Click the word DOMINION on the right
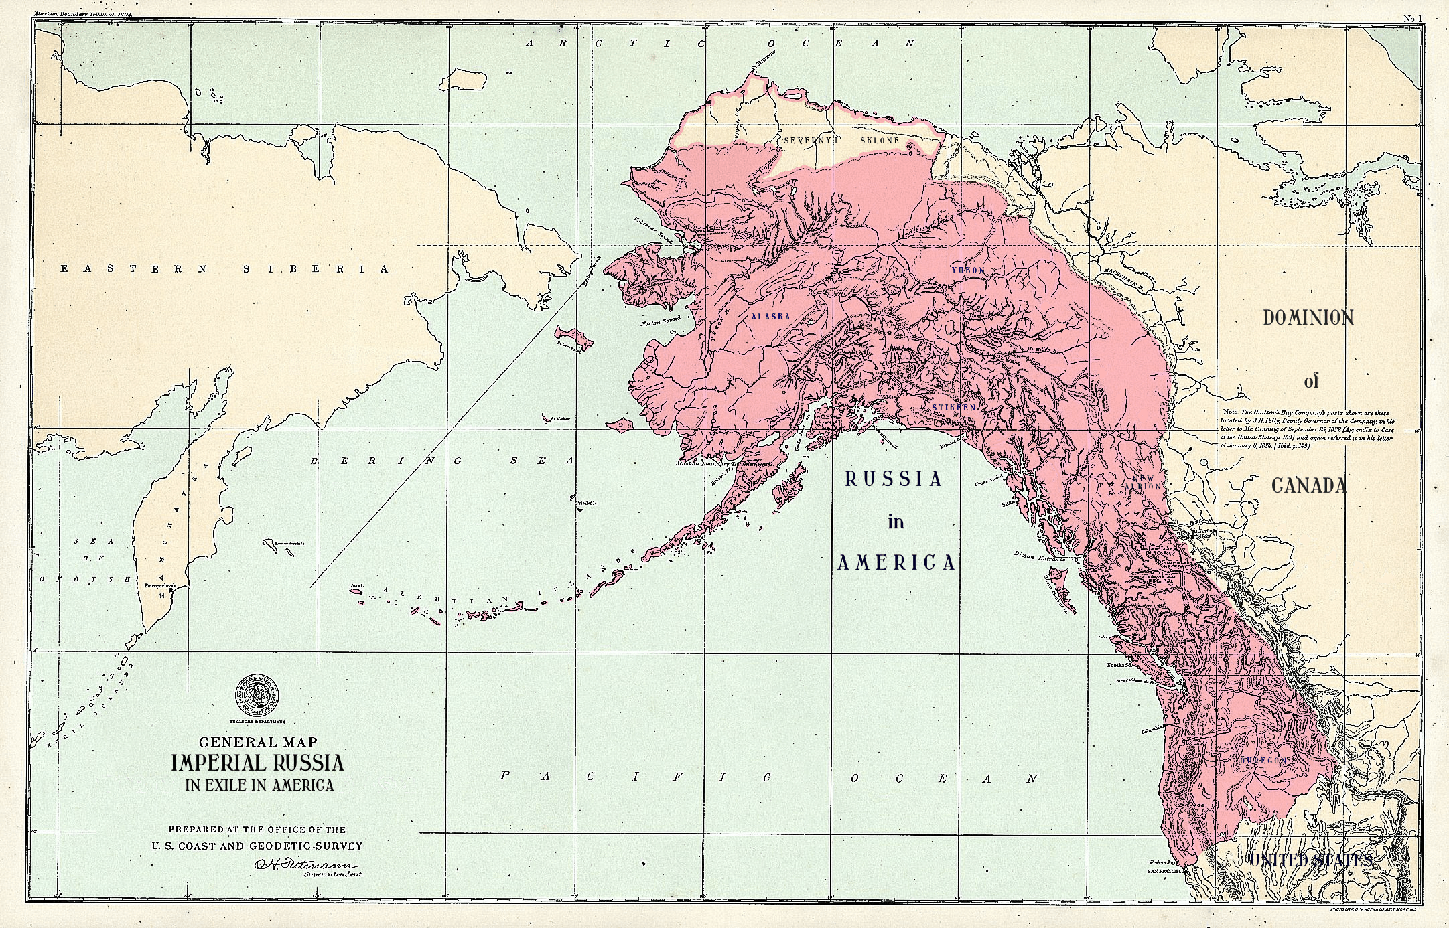(1308, 317)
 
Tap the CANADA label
(1308, 485)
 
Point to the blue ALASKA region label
(770, 316)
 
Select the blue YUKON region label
(968, 270)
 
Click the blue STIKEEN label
(955, 407)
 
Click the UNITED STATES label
(1310, 860)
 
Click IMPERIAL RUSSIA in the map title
(257, 763)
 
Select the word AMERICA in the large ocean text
(896, 563)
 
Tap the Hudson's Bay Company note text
(1306, 429)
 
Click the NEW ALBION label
(1142, 483)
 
